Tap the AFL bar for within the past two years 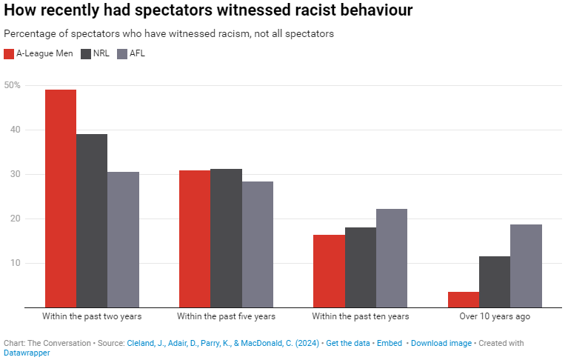point(123,239)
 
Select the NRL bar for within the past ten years point(360,267)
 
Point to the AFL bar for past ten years point(391,258)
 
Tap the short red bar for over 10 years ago point(464,299)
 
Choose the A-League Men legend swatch point(9,53)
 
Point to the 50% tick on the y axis point(13,85)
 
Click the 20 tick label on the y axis point(15,219)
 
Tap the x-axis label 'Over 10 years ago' point(495,316)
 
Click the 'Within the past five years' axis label point(226,316)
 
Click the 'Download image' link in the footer point(441,343)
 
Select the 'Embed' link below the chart point(390,343)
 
